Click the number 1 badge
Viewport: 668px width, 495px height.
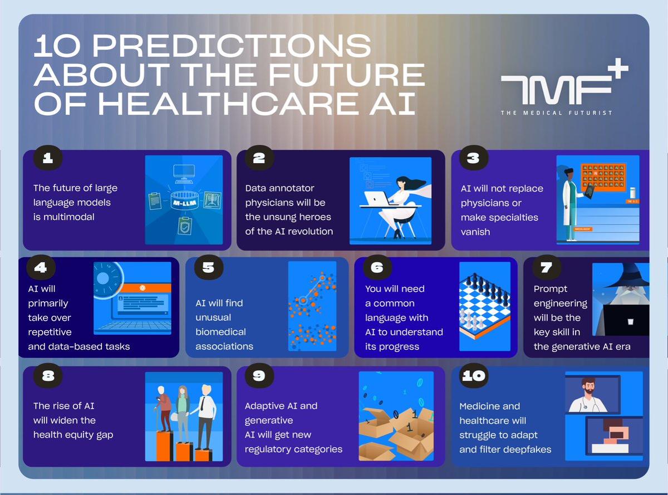(48, 159)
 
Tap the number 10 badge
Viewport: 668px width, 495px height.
(473, 376)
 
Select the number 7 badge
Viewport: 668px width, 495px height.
(546, 267)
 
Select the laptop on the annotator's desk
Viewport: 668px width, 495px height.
(379, 198)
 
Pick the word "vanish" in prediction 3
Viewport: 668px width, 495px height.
(475, 232)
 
